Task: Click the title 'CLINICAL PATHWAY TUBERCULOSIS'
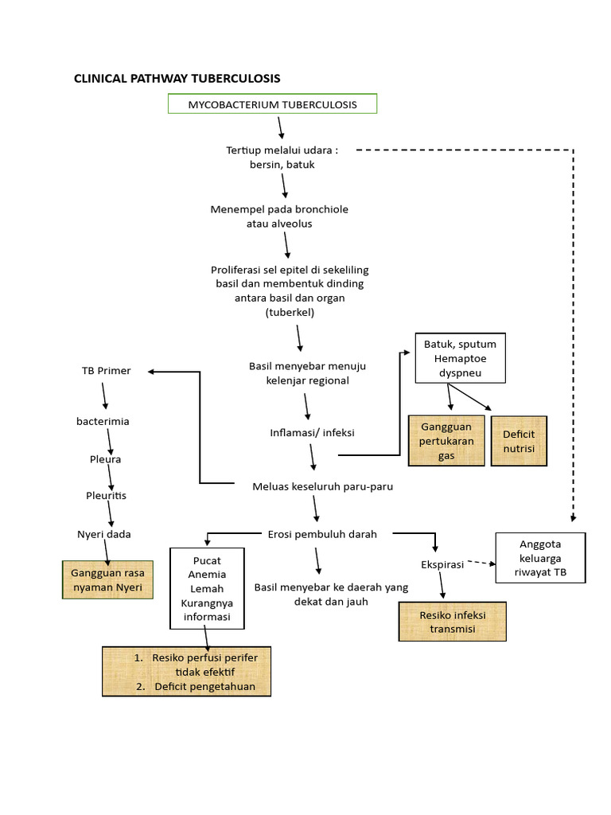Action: point(177,78)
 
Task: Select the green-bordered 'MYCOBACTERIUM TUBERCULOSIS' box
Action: point(272,104)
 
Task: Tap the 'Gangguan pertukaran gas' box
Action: point(446,440)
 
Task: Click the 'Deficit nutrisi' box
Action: point(519,441)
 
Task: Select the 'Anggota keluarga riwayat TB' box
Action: point(540,559)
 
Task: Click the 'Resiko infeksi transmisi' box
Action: point(452,622)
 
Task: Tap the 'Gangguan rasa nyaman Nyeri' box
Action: point(107,580)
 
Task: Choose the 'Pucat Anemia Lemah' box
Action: point(207,587)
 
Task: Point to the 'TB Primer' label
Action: point(106,371)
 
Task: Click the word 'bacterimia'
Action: point(103,422)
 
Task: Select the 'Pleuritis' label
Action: point(107,496)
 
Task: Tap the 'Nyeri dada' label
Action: point(104,534)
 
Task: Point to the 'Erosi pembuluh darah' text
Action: point(322,534)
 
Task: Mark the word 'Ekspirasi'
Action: point(442,564)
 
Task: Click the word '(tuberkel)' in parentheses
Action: point(290,313)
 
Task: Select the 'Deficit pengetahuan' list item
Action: point(204,686)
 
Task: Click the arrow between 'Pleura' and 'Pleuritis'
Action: point(111,478)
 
